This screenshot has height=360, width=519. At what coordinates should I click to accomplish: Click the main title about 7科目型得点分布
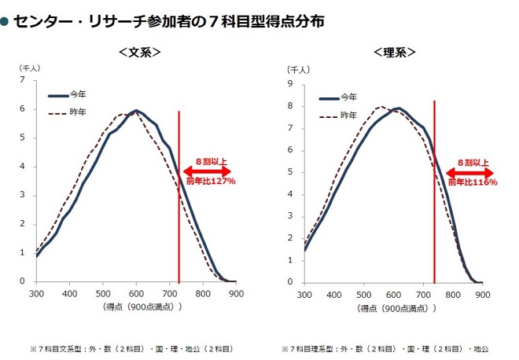(169, 21)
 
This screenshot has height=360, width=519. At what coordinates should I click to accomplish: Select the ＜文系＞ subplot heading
(140, 53)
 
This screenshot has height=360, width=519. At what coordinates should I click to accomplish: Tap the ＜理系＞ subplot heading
(395, 53)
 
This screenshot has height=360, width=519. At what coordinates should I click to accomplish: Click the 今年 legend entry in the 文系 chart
(68, 95)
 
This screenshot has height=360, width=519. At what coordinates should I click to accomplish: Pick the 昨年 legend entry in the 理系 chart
(338, 116)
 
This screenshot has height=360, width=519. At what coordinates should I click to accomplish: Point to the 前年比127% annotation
(211, 181)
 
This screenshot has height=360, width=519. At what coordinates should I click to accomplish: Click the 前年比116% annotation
(473, 182)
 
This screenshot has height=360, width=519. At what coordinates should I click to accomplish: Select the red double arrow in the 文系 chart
(207, 171)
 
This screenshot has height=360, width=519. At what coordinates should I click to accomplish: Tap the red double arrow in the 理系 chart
(469, 173)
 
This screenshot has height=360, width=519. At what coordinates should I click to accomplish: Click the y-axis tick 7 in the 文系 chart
(22, 79)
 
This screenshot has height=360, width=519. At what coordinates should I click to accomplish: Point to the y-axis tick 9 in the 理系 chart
(290, 84)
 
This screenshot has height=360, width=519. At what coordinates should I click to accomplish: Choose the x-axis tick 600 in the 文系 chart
(136, 294)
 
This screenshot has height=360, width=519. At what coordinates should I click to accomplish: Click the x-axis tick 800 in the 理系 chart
(453, 295)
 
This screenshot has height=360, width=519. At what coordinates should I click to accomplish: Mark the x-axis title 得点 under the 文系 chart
(142, 307)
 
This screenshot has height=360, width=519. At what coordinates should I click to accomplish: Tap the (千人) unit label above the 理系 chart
(298, 70)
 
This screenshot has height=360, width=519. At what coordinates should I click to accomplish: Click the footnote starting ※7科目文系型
(132, 349)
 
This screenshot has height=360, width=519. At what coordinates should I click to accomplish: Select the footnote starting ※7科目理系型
(385, 349)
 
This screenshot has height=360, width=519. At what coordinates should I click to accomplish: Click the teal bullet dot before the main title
(4, 22)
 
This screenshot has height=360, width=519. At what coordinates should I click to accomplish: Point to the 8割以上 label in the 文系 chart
(212, 162)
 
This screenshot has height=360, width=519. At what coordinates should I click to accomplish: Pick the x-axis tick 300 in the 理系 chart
(304, 295)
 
